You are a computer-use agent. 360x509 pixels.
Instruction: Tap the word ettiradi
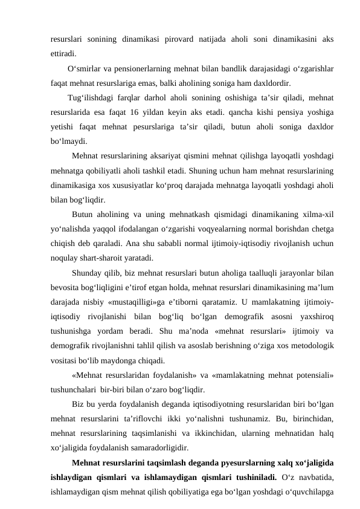[63, 52]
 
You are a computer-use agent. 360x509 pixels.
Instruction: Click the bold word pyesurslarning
[218, 463]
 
